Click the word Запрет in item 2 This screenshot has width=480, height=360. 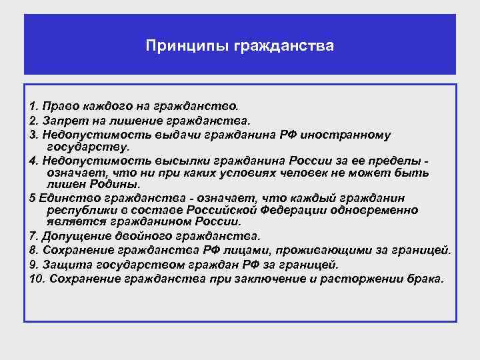coord(65,121)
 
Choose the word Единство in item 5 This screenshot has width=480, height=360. coord(66,198)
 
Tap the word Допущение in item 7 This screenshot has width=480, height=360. coord(74,236)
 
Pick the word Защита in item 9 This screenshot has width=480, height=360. coord(62,264)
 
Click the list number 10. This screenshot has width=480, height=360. coord(36,278)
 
